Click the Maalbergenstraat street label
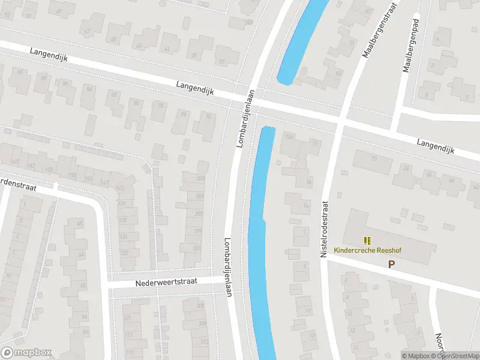point(376,29)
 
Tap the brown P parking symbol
point(392,264)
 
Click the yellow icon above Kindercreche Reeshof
point(367,241)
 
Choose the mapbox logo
point(26,353)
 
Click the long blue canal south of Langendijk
point(259,240)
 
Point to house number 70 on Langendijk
point(373,158)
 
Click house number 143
point(120,188)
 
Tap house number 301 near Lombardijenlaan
point(197,248)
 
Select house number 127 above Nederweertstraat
point(125,253)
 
